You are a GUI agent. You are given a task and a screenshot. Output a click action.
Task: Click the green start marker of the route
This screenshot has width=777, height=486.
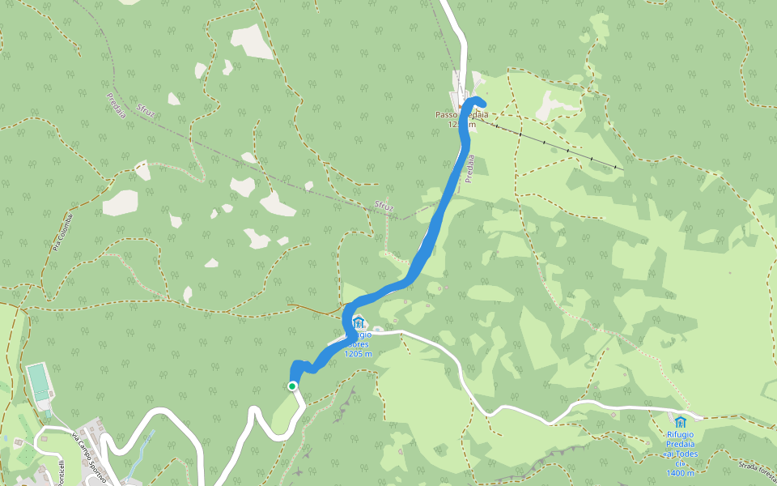pos(292,386)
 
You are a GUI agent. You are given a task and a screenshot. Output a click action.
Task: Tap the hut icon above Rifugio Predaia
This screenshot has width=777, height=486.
pos(680,422)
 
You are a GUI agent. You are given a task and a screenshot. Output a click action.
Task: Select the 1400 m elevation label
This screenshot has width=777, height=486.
pos(680,473)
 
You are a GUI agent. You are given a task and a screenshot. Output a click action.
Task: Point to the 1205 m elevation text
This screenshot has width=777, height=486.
pos(358,354)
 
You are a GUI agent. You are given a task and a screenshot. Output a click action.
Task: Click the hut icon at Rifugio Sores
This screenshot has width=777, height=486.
pos(359,324)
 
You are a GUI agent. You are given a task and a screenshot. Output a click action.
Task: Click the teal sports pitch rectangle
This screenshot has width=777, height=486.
pos(38,382)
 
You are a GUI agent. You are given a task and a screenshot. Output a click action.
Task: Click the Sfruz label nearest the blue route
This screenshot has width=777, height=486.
pos(384,207)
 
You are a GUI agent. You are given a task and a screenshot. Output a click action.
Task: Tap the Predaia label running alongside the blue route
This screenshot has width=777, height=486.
pos(469,168)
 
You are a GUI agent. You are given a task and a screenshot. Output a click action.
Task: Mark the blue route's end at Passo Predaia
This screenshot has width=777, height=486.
pos(482,102)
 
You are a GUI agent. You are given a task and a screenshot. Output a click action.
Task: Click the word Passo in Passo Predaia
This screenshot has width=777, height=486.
pos(448,115)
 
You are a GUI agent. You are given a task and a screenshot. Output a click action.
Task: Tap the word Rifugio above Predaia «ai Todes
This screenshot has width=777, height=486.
pos(680,433)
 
